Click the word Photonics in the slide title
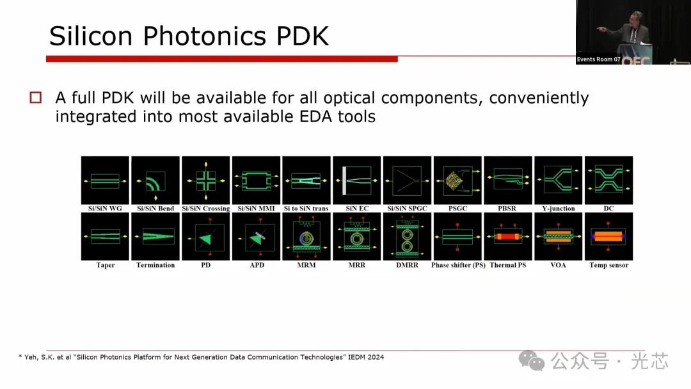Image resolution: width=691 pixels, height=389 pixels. (x=205, y=36)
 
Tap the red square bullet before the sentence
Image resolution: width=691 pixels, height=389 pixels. (x=36, y=97)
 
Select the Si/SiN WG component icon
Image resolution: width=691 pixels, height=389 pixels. (x=105, y=180)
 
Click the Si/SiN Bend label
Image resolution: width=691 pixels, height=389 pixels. (x=155, y=209)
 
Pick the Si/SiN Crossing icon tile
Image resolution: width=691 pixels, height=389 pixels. (x=206, y=180)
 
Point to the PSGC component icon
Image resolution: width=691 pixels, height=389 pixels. (x=457, y=180)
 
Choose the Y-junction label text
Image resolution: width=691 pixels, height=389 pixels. (x=559, y=209)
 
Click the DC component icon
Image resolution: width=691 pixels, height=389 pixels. (x=608, y=180)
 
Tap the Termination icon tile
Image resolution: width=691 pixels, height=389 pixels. (x=155, y=237)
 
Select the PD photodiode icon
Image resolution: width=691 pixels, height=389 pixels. (x=206, y=237)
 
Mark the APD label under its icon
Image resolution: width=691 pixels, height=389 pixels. (x=257, y=266)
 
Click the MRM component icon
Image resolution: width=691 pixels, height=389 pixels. (x=306, y=237)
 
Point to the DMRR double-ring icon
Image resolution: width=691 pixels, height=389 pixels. (x=407, y=237)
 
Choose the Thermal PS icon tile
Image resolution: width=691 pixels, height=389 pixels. (x=507, y=237)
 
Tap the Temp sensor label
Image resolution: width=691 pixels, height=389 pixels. (x=608, y=266)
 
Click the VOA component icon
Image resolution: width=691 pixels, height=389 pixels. (x=559, y=237)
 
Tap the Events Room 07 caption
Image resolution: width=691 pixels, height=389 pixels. (x=598, y=60)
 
